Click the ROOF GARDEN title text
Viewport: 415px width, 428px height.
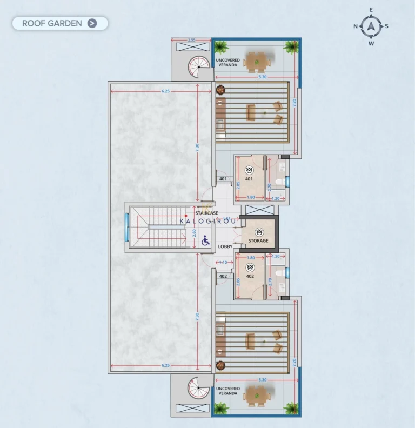tap(52, 23)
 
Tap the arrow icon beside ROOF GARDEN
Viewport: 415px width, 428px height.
tap(92, 23)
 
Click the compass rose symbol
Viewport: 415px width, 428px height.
tap(371, 26)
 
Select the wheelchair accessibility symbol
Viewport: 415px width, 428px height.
tap(205, 240)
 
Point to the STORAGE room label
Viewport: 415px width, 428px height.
tap(258, 240)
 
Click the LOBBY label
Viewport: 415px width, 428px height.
tap(225, 246)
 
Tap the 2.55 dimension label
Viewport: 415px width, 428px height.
tap(191, 41)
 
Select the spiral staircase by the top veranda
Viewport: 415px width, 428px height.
tap(198, 68)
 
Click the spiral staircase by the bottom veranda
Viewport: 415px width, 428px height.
tap(198, 389)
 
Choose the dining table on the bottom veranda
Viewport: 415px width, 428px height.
tap(253, 396)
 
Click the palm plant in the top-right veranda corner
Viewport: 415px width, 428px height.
tap(292, 47)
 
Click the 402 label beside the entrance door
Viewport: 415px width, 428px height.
tap(223, 276)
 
